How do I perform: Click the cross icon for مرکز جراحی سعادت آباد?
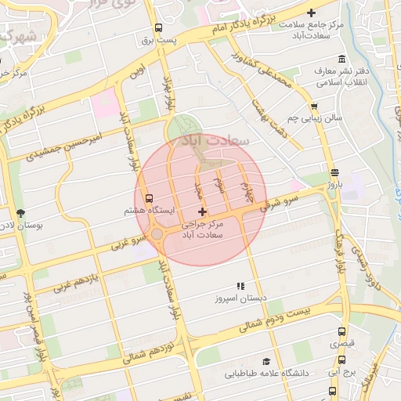203,211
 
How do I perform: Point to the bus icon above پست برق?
159,27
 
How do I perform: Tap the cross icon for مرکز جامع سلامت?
312,13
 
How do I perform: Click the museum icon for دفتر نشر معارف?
341,60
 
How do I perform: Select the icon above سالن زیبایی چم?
314,106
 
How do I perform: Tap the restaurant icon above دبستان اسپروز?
240,286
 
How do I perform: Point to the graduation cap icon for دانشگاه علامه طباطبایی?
266,362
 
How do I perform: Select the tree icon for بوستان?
20,212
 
